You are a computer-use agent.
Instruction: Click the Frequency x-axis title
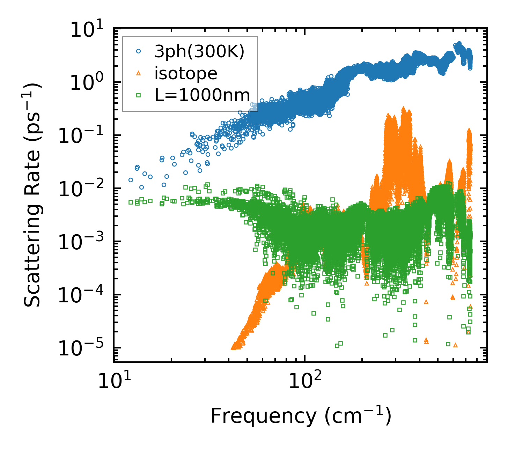(x=301, y=416)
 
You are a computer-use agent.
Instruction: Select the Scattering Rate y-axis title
(x=32, y=196)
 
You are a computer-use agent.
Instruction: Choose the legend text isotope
(x=186, y=73)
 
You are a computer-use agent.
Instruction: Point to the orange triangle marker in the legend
(x=139, y=73)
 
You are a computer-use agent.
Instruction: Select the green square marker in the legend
(x=139, y=95)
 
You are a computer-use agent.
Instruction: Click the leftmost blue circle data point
(x=131, y=180)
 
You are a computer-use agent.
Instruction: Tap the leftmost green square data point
(x=131, y=202)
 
